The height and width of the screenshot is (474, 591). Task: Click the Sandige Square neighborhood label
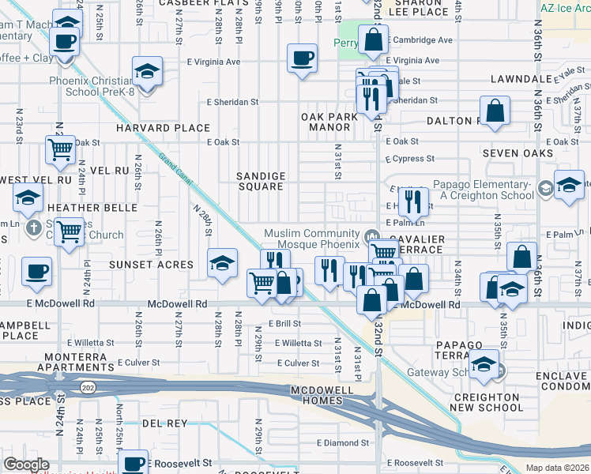tap(261, 181)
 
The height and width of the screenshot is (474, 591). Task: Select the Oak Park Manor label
tap(329, 122)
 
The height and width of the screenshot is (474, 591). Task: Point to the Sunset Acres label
tap(151, 264)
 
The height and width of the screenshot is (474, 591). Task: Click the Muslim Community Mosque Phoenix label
tap(312, 239)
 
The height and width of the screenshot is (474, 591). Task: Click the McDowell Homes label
tap(326, 397)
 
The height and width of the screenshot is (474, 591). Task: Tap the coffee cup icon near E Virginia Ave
tap(303, 58)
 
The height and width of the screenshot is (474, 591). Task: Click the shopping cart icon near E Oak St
tap(60, 149)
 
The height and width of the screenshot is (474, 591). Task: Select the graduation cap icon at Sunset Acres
tap(222, 262)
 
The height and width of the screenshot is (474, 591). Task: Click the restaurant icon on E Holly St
tap(412, 201)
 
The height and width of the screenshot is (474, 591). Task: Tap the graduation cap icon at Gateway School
tap(484, 363)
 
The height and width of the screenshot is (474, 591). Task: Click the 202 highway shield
tap(87, 386)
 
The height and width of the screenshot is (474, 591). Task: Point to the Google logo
tap(26, 464)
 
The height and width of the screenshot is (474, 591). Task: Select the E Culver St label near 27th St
tap(138, 363)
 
